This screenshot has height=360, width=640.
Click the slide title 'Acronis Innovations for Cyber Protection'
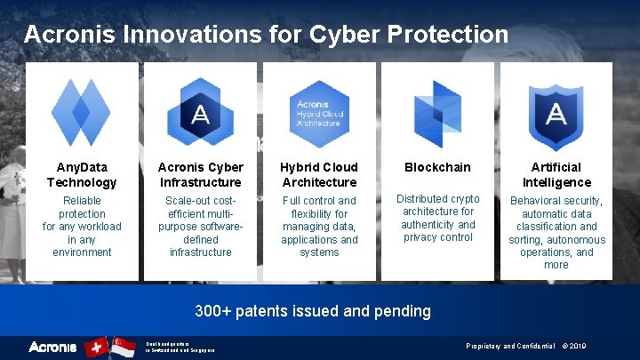tap(266, 35)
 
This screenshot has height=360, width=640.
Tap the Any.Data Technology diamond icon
tap(82, 113)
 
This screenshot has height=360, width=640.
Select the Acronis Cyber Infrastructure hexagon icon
tap(200, 113)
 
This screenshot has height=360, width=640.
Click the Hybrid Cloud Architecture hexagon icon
tap(319, 114)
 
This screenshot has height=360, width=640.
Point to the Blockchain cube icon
tap(437, 114)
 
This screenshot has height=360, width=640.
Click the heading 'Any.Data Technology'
tap(82, 174)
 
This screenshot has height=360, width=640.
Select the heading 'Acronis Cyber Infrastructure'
tap(200, 174)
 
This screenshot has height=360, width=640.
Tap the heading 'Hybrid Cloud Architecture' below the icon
tap(319, 174)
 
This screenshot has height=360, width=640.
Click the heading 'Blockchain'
tap(437, 167)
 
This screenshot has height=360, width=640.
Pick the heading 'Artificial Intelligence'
tap(556, 174)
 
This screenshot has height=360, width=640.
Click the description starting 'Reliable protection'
tap(82, 227)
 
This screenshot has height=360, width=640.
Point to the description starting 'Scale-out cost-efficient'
tap(200, 227)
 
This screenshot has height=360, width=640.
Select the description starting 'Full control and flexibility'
tap(319, 227)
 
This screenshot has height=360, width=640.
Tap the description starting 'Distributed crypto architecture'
tap(437, 218)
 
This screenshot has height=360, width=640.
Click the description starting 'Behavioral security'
tap(556, 233)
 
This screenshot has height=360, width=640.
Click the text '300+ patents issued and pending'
tap(313, 311)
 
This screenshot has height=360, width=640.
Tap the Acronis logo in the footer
tap(52, 347)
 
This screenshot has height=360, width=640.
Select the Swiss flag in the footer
tap(97, 347)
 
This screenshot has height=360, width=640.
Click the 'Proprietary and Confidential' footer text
tap(503, 346)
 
